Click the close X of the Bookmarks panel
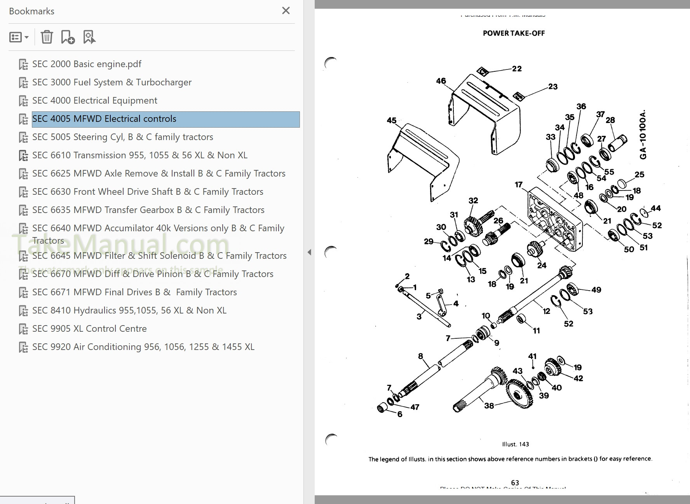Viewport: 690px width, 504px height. pos(286,11)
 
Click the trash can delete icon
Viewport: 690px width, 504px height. pos(47,37)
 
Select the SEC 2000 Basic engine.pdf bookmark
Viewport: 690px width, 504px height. pos(87,64)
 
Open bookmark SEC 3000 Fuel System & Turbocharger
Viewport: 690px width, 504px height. pos(112,82)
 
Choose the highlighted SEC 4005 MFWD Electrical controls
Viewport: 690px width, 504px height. pos(104,119)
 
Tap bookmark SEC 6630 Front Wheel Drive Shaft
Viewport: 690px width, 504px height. pos(148,192)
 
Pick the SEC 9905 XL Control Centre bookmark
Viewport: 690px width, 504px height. pos(89,329)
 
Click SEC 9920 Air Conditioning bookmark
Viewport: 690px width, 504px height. pos(143,347)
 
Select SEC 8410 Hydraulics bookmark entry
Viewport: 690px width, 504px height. pos(129,310)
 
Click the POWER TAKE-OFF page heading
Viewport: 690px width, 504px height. pos(514,33)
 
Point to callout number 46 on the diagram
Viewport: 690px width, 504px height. pos(441,81)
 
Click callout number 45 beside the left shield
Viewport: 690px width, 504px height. pos(392,121)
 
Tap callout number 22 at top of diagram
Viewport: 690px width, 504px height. pos(517,69)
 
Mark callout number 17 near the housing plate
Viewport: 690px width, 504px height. pos(519,185)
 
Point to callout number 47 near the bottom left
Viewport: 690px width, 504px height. pos(415,407)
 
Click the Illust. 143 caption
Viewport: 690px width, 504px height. pos(515,444)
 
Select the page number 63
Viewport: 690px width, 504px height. pos(515,483)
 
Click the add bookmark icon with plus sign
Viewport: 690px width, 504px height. pos(68,37)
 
